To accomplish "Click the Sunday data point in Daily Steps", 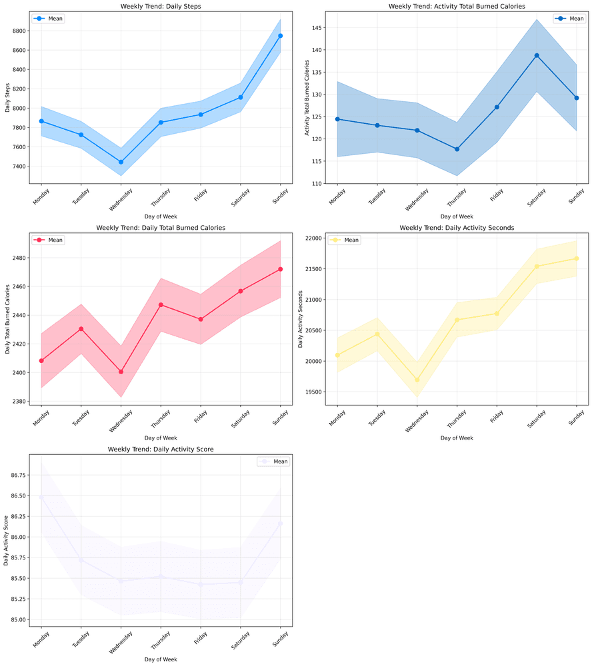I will [280, 36].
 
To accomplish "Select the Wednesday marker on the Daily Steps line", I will [121, 162].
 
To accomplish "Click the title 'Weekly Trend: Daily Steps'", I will [161, 6].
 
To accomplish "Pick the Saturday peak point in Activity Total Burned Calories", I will [537, 55].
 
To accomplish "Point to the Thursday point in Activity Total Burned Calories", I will [457, 149].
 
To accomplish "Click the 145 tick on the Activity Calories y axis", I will [315, 28].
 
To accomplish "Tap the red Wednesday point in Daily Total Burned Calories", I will [121, 372].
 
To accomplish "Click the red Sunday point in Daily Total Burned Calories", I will [280, 269].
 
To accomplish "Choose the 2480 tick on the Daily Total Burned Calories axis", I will [17, 258].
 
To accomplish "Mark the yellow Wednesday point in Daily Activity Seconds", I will [417, 380].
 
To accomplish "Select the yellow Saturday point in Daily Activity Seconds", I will [537, 266].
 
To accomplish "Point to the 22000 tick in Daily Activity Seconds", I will [313, 238].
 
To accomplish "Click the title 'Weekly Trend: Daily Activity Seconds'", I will [457, 228].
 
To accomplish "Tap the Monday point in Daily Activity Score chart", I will [41, 497].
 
